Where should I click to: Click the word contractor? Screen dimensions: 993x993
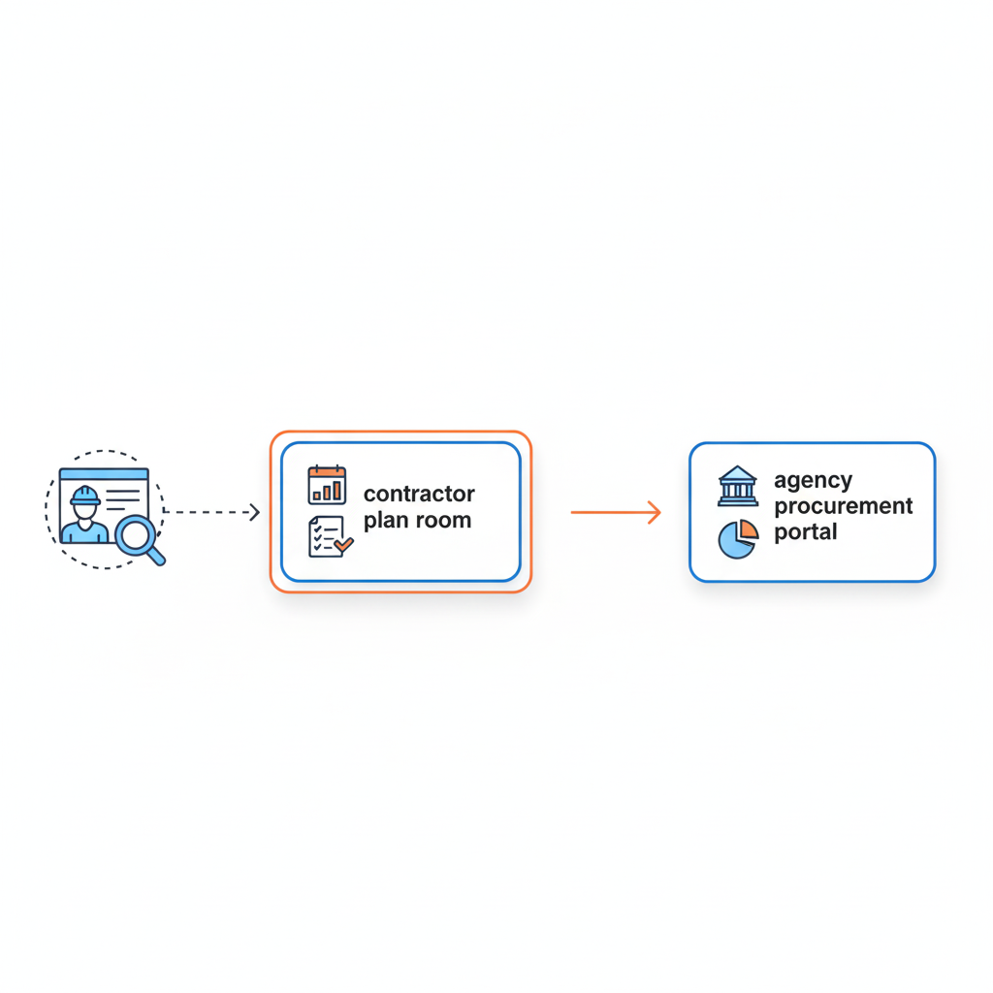(419, 495)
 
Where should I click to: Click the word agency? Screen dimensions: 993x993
(813, 481)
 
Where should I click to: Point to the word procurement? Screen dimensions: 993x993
(844, 506)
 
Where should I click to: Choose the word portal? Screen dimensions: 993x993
(805, 532)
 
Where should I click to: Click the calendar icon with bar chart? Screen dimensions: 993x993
(327, 485)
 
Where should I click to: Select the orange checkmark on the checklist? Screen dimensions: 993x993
(343, 547)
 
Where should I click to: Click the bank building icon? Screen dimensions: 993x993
(738, 486)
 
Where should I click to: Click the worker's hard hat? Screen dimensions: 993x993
(85, 496)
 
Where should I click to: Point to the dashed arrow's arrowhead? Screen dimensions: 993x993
(255, 512)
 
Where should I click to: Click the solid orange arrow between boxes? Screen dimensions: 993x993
(615, 512)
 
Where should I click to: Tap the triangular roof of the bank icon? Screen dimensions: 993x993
(738, 473)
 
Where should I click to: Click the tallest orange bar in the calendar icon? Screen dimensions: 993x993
(338, 489)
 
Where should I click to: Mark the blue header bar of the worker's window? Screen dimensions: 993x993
(104, 474)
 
